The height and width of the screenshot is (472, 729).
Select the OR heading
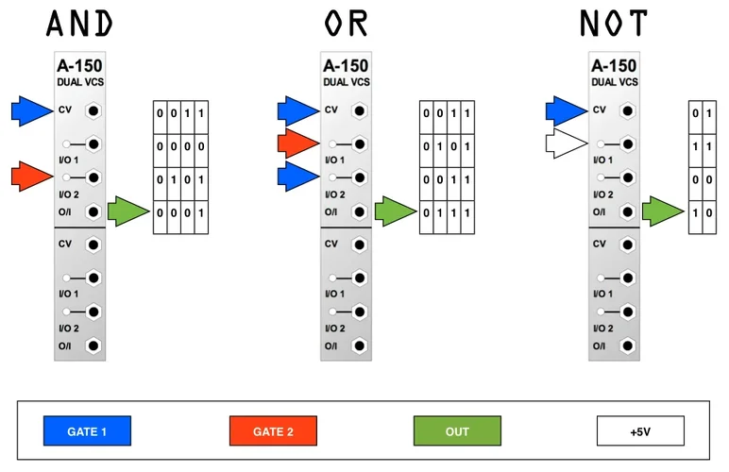(x=347, y=23)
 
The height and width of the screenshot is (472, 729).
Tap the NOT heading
(x=613, y=23)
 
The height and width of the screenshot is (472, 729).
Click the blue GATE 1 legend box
(x=87, y=431)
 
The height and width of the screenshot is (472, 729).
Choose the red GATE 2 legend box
(x=273, y=431)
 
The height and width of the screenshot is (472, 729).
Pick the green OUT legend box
(x=457, y=431)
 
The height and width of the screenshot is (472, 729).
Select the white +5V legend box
(x=640, y=431)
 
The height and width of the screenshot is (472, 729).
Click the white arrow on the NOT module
(x=565, y=144)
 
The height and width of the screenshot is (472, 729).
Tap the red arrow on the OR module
(x=297, y=144)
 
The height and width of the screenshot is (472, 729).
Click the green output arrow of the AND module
(x=129, y=211)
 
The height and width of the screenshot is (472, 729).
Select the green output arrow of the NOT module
(x=664, y=211)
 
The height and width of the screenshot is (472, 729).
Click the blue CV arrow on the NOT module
(x=565, y=110)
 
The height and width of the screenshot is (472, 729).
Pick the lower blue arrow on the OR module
(x=297, y=177)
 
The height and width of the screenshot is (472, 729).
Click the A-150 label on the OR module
(x=346, y=66)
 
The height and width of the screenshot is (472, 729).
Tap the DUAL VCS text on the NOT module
(x=614, y=82)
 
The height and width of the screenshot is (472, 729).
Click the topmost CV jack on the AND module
(x=93, y=110)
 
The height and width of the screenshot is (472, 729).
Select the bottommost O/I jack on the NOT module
(x=626, y=346)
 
